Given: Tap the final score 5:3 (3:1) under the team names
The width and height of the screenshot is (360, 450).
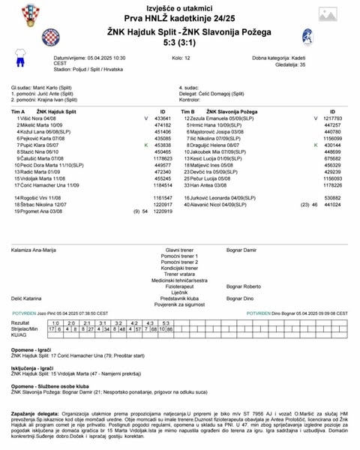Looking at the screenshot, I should (x=180, y=43).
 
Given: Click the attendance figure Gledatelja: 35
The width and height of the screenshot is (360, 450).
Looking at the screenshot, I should (x=272, y=64).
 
